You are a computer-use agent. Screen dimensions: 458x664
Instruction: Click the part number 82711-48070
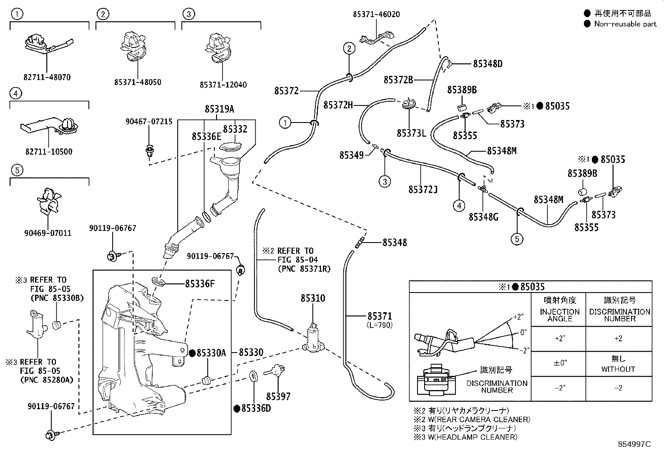click(x=47, y=77)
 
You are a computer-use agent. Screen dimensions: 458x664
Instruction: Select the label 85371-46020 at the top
click(x=376, y=14)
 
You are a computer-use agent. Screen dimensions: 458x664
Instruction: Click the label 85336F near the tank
click(x=200, y=284)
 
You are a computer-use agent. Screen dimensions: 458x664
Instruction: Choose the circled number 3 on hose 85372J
click(x=385, y=181)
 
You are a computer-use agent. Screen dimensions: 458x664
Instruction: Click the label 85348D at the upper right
click(x=488, y=64)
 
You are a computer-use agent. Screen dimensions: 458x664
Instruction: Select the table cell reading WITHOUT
click(x=618, y=369)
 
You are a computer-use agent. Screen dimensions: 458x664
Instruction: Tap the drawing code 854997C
click(x=634, y=444)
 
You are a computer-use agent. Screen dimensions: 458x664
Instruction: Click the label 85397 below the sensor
click(x=278, y=396)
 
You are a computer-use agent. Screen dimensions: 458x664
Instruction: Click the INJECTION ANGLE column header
click(x=560, y=315)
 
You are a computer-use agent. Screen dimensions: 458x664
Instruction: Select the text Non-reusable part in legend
click(x=625, y=24)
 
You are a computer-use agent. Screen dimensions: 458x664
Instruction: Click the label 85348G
click(x=483, y=217)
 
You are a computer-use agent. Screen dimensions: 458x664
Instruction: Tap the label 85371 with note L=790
click(x=380, y=316)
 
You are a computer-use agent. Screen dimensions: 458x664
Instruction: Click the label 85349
click(x=352, y=155)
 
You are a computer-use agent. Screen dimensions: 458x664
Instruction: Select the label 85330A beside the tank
click(x=211, y=353)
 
